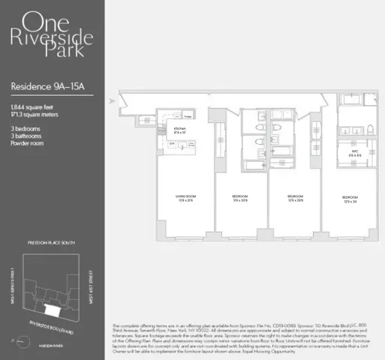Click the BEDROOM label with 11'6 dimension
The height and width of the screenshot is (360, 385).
[241, 197]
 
